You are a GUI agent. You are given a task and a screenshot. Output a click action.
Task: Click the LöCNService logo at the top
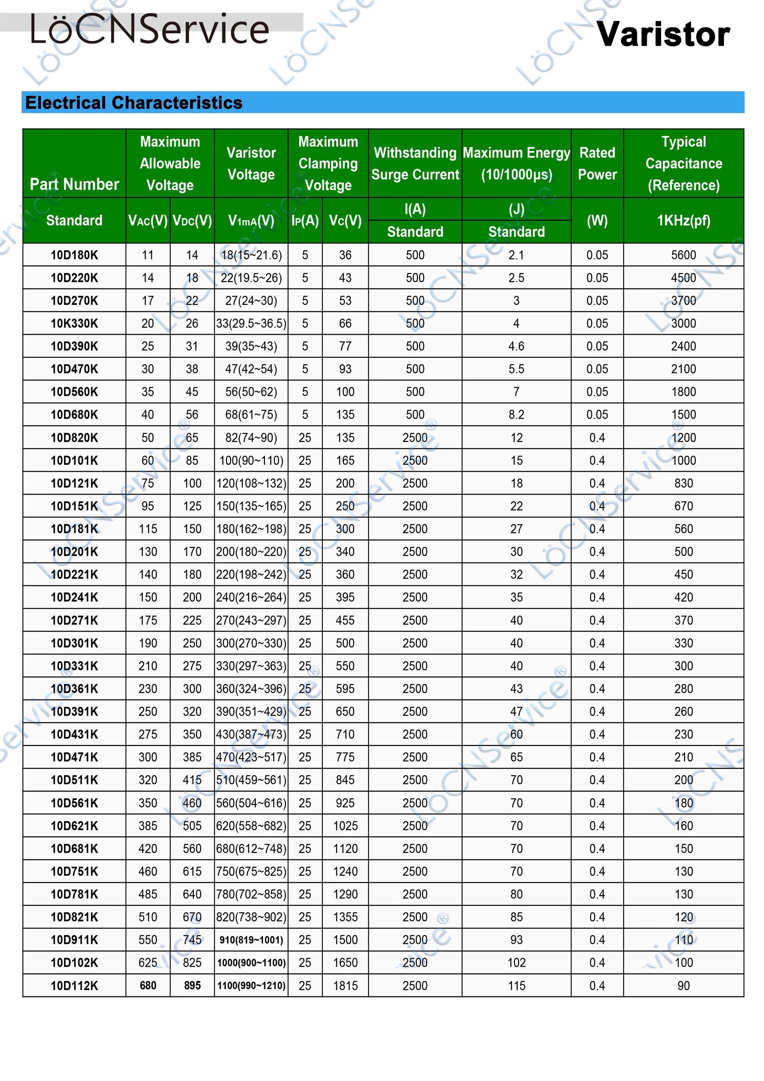150,29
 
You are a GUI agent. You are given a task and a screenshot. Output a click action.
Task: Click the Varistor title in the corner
663,35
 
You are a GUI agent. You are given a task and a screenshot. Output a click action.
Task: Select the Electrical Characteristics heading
134,103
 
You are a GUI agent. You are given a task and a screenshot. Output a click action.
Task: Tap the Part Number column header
74,184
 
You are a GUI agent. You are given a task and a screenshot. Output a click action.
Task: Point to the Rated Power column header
597,163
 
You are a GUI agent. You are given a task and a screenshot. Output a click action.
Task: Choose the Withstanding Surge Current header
415,163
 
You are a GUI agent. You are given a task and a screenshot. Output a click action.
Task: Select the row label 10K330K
74,323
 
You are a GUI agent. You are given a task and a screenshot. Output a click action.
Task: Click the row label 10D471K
74,757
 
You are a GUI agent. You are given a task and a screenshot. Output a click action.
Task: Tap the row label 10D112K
74,985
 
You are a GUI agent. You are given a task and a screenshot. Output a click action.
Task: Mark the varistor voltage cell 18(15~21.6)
251,255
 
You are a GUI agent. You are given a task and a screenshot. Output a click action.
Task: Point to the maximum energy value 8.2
516,415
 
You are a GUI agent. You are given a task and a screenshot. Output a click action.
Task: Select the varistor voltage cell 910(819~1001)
251,940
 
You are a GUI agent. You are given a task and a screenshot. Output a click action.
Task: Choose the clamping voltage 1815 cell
345,985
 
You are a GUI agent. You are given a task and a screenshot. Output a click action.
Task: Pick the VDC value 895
192,985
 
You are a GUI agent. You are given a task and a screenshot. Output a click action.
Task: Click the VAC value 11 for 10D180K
148,255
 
